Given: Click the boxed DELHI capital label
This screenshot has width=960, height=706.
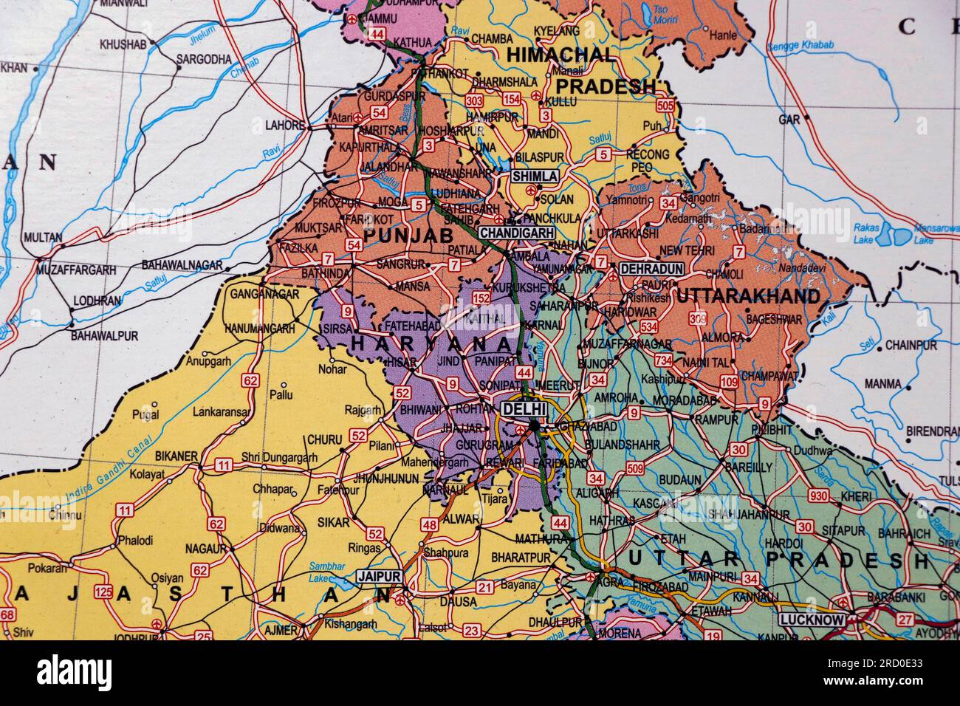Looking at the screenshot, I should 524,408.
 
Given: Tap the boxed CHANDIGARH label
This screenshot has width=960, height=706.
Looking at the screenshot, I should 517,233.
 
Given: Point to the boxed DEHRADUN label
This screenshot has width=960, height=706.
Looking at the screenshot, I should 651,269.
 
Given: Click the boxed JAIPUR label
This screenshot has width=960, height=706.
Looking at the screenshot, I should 379,576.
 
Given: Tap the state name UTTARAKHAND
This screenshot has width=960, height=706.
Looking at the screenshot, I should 748,297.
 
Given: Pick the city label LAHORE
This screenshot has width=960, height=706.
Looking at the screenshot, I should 284,126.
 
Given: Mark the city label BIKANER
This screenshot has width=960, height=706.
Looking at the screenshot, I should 178,456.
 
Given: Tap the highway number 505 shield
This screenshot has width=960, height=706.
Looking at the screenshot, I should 665,106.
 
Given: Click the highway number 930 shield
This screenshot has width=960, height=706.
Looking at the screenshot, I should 818,496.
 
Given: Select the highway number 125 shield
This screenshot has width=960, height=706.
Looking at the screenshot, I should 104,592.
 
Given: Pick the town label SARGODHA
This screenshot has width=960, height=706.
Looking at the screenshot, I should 203,58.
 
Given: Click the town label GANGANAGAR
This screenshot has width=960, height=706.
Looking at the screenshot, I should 264,294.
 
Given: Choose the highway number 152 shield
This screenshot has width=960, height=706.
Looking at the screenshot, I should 481,298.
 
